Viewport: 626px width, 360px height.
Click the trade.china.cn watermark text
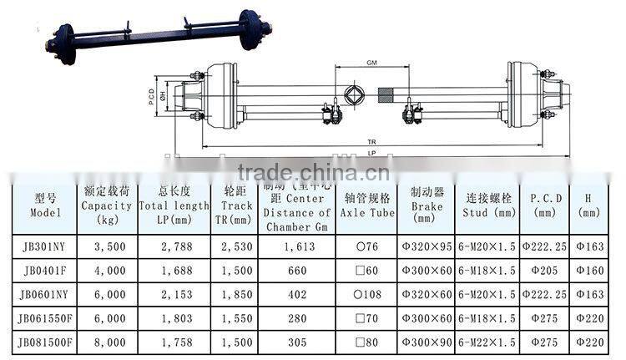coord(313,173)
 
